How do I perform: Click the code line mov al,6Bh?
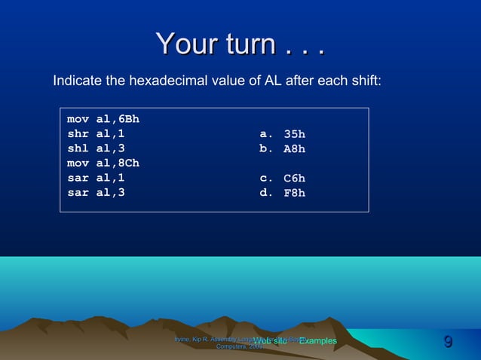(103, 119)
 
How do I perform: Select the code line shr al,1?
(97, 134)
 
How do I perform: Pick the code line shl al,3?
(97, 148)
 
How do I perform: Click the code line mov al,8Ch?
(103, 163)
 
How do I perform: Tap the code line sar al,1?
(97, 178)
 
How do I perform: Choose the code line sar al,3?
(97, 192)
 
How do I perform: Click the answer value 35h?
(294, 135)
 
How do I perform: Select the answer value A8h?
(294, 149)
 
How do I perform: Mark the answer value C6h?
(294, 178)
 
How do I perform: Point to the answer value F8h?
(294, 193)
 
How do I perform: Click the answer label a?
(266, 134)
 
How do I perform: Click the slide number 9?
(449, 343)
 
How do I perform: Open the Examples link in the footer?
(317, 341)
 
